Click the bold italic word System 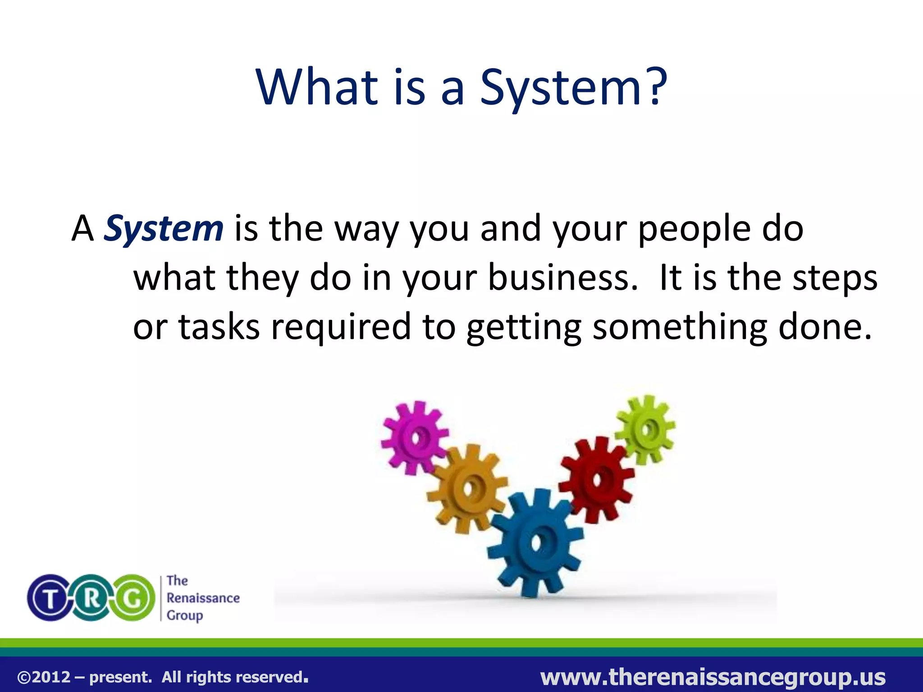pos(164,229)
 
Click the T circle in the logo pos(50,598)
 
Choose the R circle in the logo pos(91,598)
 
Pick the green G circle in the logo pos(133,598)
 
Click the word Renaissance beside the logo pos(203,598)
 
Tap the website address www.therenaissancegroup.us pos(713,677)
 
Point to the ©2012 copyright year pos(44,677)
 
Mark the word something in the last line pos(680,327)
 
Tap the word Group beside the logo pos(185,615)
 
